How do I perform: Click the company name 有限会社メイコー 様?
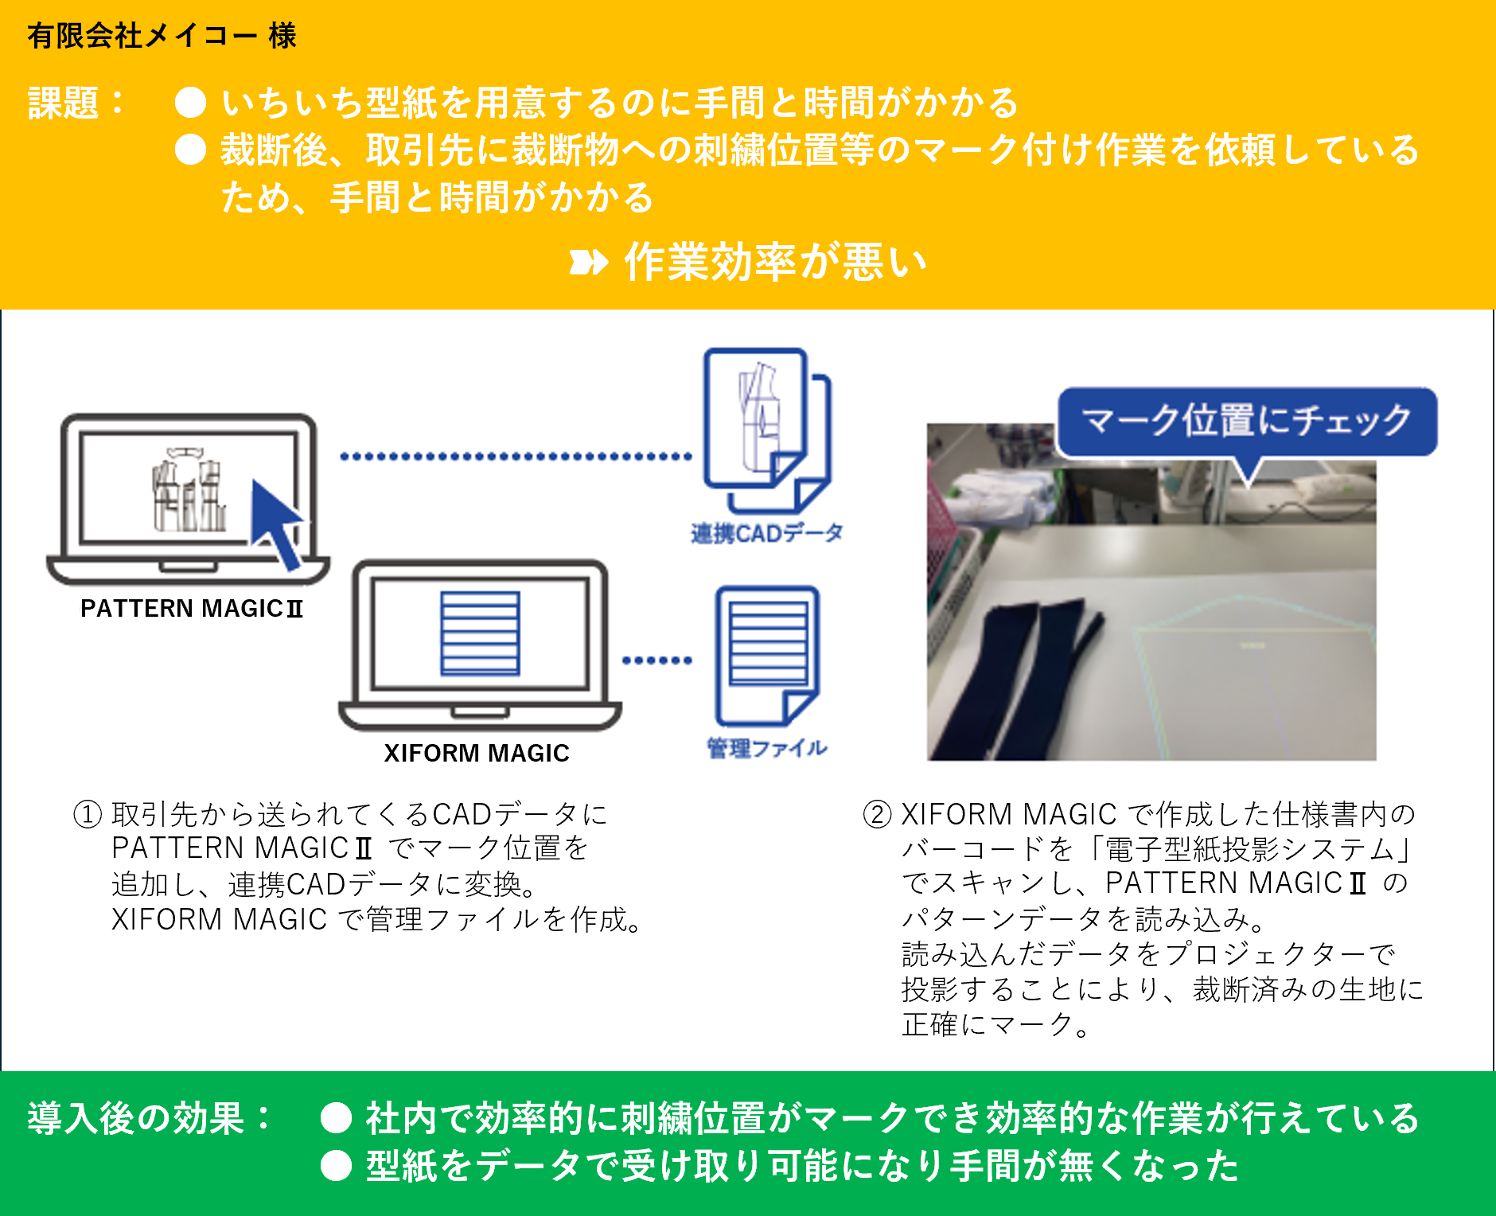pos(162,36)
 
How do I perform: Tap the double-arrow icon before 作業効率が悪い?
pos(589,262)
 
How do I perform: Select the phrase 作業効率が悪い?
pos(775,262)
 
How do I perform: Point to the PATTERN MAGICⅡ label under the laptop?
pos(192,609)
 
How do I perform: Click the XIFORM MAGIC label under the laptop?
pos(477,753)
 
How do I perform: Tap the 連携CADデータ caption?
pos(766,533)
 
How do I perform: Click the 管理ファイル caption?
pos(767,748)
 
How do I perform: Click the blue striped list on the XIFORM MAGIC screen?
pos(480,633)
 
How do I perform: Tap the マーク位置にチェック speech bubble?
pos(1246,421)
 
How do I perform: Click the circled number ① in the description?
pos(88,814)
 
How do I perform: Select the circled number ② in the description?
pos(877,814)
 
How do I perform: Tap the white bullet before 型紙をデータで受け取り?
pos(336,1166)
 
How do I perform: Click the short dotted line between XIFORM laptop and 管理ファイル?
pos(656,660)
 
